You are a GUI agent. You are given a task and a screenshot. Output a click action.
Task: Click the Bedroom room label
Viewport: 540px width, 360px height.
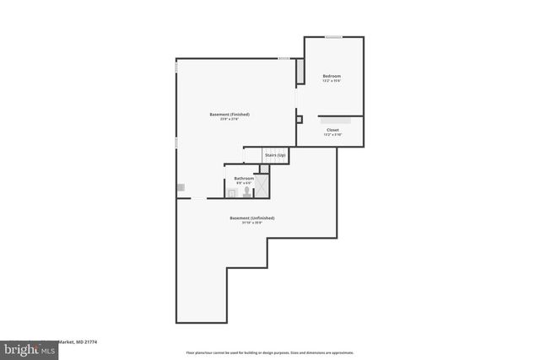[332, 77]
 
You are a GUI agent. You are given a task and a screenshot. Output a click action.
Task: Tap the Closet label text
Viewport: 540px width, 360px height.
[332, 130]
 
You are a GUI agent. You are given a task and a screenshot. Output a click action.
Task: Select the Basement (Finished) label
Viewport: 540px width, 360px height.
[229, 115]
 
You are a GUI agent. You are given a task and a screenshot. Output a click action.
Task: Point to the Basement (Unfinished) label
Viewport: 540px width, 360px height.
[251, 218]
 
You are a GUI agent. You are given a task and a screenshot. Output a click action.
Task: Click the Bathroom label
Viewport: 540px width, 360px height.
[244, 178]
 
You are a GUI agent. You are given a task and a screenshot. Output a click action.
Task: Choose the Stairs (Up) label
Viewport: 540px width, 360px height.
[275, 156]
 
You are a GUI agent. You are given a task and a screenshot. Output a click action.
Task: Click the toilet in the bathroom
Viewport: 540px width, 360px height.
[246, 192]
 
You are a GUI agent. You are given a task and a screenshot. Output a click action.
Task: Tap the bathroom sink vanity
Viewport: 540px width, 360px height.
[230, 193]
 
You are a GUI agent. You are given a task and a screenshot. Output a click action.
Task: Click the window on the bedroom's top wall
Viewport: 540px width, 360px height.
[334, 36]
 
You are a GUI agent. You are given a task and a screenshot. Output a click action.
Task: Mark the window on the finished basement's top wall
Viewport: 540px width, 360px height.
[284, 58]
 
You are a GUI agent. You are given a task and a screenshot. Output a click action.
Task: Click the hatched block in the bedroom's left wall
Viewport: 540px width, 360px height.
[300, 73]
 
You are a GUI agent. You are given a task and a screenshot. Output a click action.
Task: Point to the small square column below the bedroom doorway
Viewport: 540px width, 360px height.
[299, 120]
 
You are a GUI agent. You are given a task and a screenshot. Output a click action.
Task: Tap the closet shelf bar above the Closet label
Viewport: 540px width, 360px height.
[334, 119]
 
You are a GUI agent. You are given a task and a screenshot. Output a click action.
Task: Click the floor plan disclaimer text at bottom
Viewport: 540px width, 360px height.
[270, 352]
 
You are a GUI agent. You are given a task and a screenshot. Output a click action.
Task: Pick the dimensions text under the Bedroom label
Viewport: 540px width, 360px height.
[332, 82]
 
